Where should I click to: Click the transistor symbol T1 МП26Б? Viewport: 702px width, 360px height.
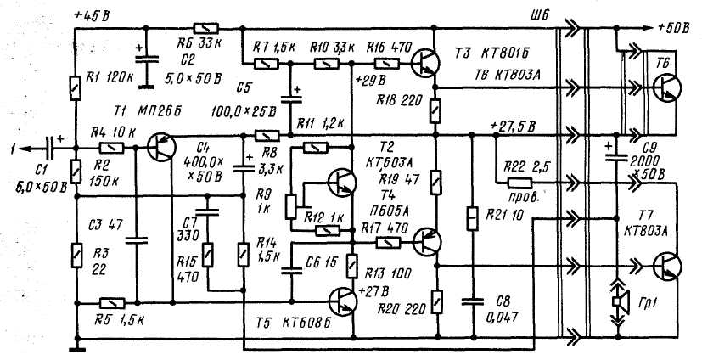[x=159, y=147]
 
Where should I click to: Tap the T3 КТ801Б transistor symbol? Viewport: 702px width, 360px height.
[x=424, y=62]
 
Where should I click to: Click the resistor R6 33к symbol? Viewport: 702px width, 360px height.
[x=201, y=27]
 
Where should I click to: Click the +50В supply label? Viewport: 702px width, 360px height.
[x=671, y=28]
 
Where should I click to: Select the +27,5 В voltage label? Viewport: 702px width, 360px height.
[x=513, y=127]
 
